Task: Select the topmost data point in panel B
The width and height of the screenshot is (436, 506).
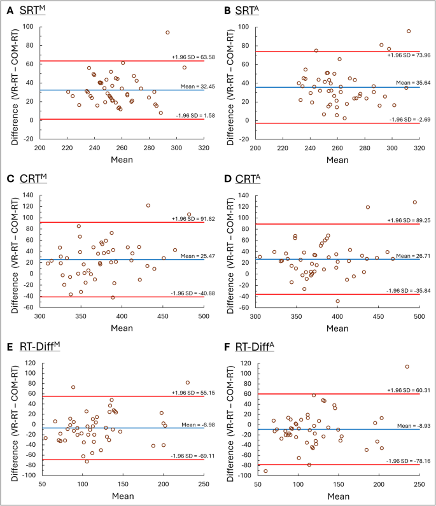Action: point(409,31)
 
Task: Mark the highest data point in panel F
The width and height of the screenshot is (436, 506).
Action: point(407,367)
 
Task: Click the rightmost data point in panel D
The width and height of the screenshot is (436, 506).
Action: point(414,202)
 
